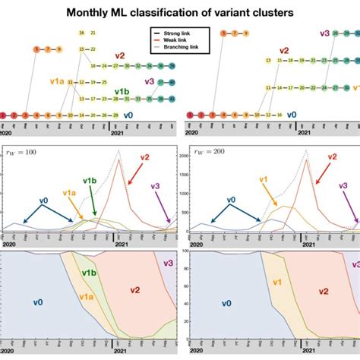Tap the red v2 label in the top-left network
point(120,55)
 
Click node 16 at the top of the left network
point(81,33)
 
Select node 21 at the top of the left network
point(93,33)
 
